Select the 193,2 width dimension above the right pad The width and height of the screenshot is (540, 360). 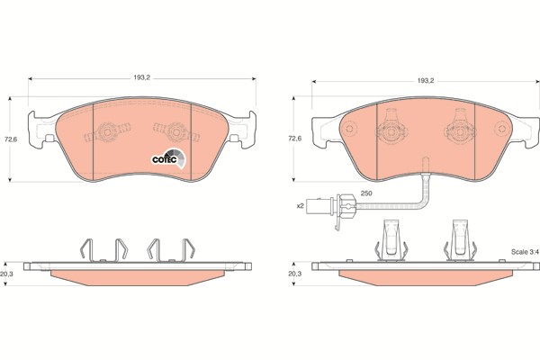coord(426,81)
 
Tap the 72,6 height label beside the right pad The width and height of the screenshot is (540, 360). coord(293,139)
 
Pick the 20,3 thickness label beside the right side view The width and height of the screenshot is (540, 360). coord(293,274)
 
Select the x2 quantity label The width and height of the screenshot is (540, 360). coord(301,207)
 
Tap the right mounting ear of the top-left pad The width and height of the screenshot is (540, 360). coord(236,137)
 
